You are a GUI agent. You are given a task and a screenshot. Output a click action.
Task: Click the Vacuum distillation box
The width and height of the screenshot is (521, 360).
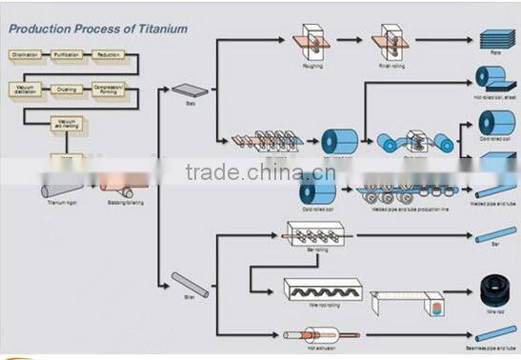coord(26,90)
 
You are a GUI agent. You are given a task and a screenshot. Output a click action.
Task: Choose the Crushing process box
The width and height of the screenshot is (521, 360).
coord(68,90)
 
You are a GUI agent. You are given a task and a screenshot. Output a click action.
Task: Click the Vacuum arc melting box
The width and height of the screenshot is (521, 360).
coord(67,123)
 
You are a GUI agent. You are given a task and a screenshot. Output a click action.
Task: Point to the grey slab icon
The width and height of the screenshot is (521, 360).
coord(184,90)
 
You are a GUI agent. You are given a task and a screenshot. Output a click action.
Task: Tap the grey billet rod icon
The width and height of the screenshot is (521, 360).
coord(184,283)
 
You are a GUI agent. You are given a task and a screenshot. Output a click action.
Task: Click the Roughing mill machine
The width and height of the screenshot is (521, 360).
coord(311,39)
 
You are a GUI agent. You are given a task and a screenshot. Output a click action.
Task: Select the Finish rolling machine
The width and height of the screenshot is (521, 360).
coord(391,39)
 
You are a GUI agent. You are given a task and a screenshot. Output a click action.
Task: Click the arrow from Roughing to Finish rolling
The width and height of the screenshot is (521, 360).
coord(350,40)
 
